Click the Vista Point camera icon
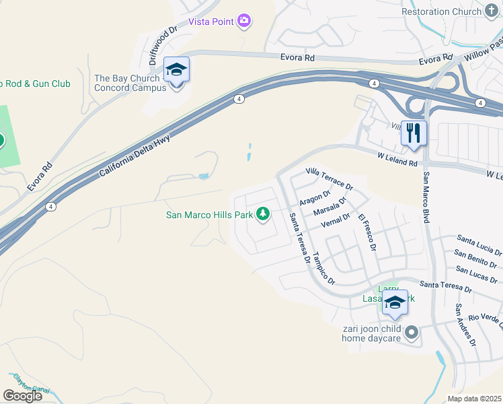pyautogui.click(x=244, y=22)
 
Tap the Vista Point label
pyautogui.click(x=210, y=22)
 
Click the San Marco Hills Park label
pyautogui.click(x=209, y=215)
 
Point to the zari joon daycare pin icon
pyautogui.click(x=413, y=333)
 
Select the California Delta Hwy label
pyautogui.click(x=135, y=156)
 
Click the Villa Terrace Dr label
pyautogui.click(x=329, y=178)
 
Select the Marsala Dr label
pyautogui.click(x=334, y=205)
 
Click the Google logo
pyautogui.click(x=22, y=396)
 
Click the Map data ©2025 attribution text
pyautogui.click(x=474, y=399)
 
